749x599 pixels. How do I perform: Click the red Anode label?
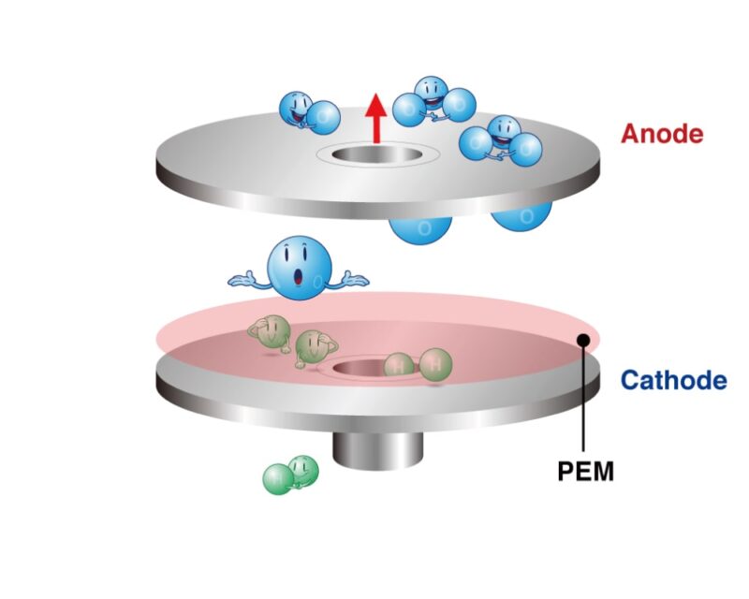pos(662,134)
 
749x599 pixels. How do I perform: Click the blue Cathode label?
pos(674,380)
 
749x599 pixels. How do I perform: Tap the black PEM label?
pos(586,472)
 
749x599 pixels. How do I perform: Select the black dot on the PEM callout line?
pos(582,340)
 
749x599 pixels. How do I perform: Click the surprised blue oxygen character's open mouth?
pos(299,277)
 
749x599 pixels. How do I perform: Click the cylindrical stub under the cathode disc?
pos(378,451)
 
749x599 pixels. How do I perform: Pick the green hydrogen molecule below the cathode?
pos(291,475)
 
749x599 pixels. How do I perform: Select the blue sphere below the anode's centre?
pos(420,229)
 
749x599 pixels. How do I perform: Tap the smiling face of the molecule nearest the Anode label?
pos(502,129)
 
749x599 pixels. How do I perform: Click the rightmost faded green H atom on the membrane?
pos(435,365)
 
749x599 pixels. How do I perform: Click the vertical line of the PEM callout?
pos(583,396)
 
